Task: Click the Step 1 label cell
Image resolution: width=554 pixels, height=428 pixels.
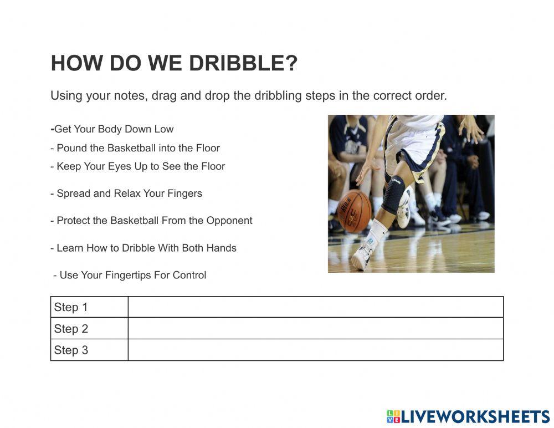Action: point(89,307)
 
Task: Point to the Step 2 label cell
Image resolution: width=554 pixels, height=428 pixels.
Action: point(89,329)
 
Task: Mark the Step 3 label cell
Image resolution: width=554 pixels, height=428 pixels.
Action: point(89,350)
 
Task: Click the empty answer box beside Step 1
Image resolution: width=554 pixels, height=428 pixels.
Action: point(315,307)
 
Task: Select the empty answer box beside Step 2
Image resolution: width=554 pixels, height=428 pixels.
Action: point(315,329)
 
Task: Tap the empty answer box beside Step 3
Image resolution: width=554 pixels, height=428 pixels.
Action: point(315,350)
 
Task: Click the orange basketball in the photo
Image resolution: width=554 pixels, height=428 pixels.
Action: point(353,211)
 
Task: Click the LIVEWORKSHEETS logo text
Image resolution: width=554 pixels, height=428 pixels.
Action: point(474,417)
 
